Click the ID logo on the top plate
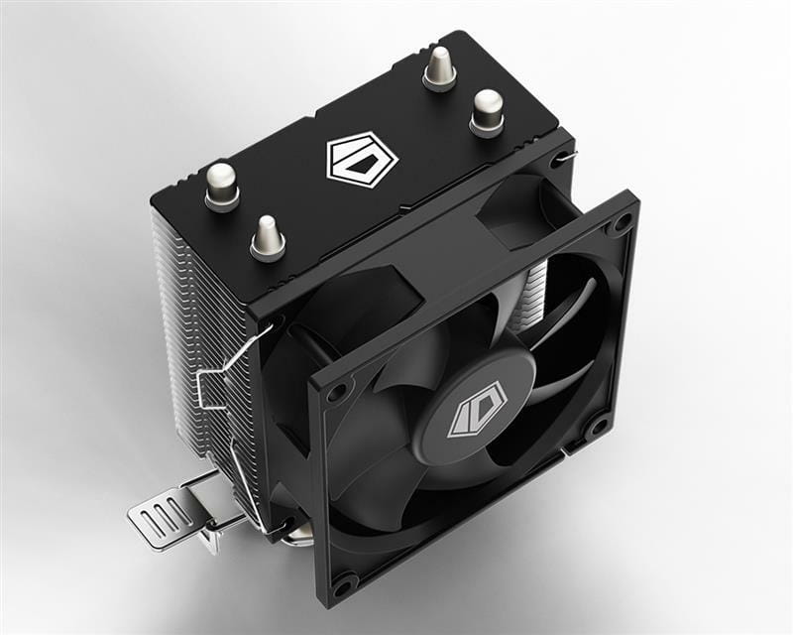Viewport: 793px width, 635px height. tap(361, 159)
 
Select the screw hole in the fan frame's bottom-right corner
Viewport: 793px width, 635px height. tap(598, 429)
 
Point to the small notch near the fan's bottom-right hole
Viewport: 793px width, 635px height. tap(565, 453)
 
